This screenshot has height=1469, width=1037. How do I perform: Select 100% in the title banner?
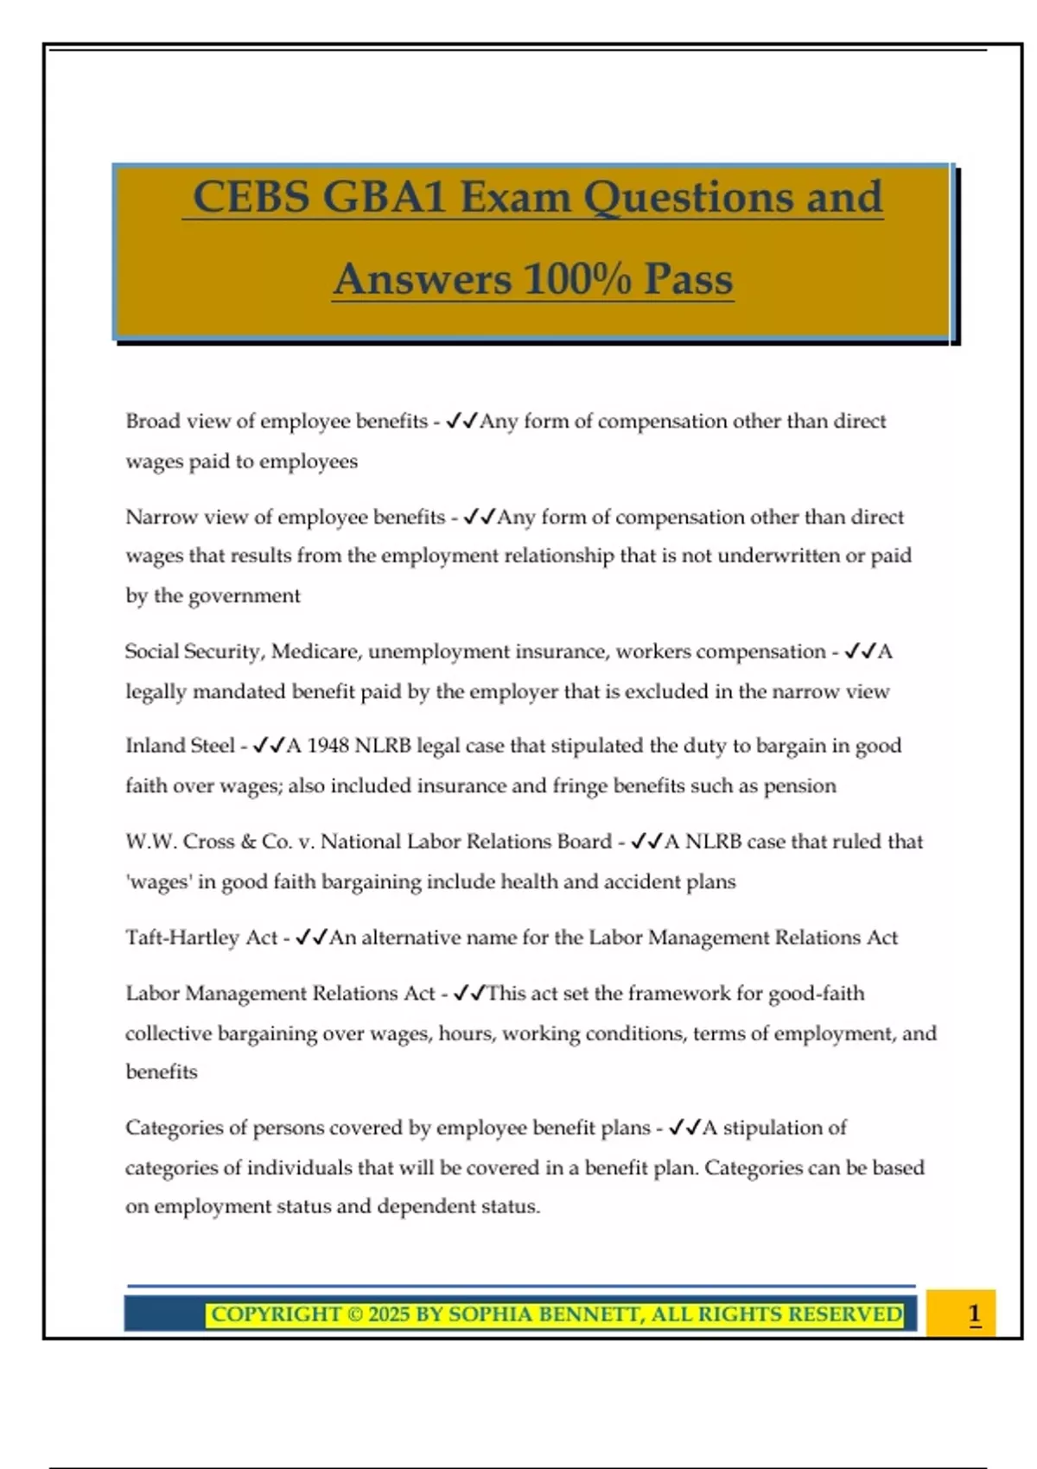click(576, 279)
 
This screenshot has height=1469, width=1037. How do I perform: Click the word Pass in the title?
click(689, 279)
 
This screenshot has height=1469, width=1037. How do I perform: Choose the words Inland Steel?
click(180, 746)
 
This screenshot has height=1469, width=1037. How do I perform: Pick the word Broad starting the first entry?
click(152, 421)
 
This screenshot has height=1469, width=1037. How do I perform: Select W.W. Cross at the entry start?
click(179, 842)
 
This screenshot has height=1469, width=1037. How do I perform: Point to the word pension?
click(799, 785)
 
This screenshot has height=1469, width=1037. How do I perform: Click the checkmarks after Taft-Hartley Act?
click(311, 938)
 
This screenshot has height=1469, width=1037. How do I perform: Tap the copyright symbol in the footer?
click(354, 1315)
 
